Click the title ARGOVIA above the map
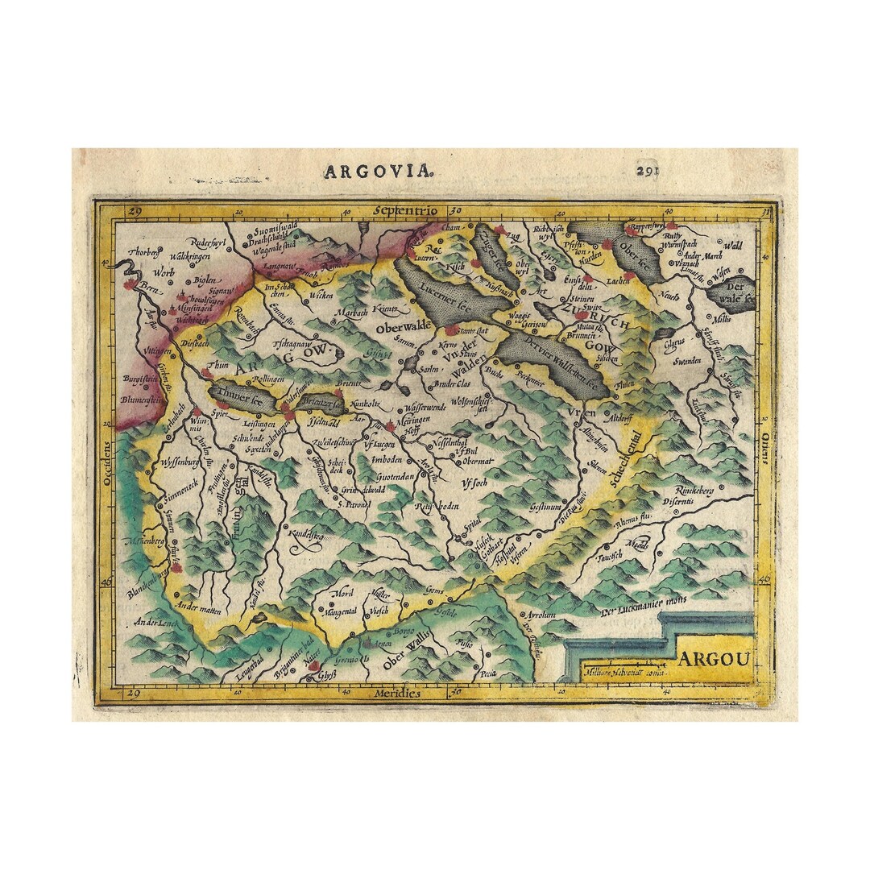[x=378, y=172]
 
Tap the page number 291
[x=651, y=171]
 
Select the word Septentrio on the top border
[x=405, y=211]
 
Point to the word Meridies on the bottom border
[x=397, y=693]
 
